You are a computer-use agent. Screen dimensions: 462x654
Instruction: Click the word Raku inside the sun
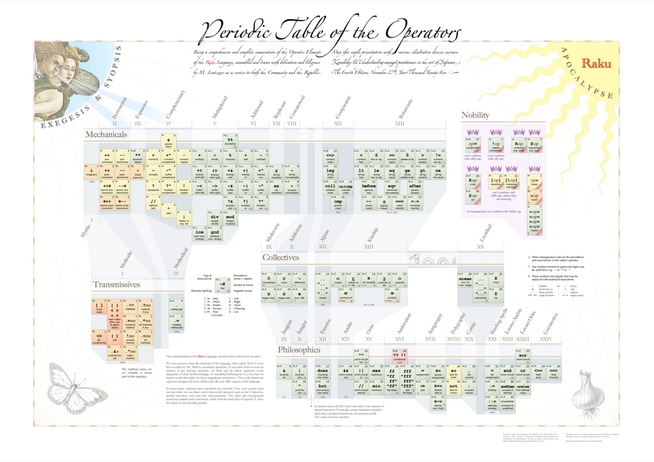click(x=597, y=64)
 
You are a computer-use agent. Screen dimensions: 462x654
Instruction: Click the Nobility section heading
click(x=475, y=115)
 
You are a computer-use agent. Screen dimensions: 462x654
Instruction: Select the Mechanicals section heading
click(x=106, y=135)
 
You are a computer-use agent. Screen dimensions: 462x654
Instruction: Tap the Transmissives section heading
click(x=116, y=285)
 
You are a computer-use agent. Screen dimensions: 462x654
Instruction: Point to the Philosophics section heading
click(x=299, y=350)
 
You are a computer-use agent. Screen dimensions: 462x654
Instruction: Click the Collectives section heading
click(x=280, y=257)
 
